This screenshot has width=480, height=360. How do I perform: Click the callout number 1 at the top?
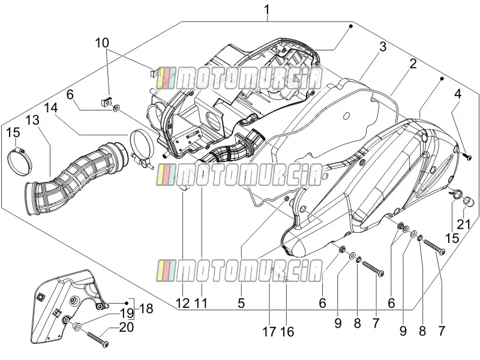point(267,10)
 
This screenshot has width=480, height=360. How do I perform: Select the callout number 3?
point(383,47)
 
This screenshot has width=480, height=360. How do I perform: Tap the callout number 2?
point(413,64)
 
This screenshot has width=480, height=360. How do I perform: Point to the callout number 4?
point(457,94)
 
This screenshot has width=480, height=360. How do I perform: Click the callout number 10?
point(102,43)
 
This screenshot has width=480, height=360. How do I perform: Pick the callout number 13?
point(32,120)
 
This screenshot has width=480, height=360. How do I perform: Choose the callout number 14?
point(51,108)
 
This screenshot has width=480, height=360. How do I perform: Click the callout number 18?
point(146,308)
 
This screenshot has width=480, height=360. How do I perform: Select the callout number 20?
point(127,327)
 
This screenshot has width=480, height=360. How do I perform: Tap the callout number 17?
point(269,332)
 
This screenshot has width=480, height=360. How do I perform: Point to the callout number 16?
point(287,332)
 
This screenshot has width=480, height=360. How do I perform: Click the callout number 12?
point(183,303)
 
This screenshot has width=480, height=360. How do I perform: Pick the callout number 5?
point(241,303)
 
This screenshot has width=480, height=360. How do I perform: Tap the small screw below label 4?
point(468,157)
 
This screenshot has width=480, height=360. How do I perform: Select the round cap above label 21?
point(469,202)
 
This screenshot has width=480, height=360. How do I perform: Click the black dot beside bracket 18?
point(127,302)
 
